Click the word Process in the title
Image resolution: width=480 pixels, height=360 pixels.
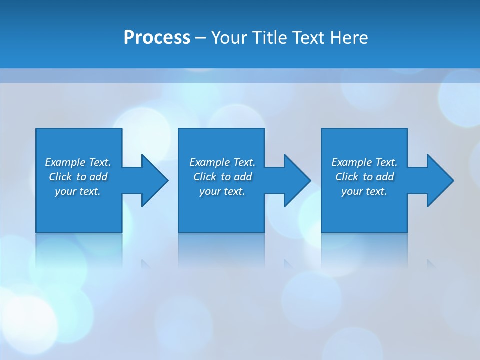click(157, 38)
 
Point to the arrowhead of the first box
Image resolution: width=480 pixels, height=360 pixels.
click(154, 180)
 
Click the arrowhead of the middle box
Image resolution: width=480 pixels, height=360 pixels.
click(297, 180)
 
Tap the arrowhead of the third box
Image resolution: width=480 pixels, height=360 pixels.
click(440, 180)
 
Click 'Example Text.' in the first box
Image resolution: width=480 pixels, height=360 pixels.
click(78, 162)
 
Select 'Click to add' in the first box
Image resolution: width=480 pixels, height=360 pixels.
click(78, 177)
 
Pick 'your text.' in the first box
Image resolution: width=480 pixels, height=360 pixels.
click(78, 191)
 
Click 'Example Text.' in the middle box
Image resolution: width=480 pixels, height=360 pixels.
click(222, 162)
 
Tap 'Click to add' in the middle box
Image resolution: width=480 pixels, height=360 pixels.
click(222, 177)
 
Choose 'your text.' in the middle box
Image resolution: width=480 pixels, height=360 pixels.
click(222, 191)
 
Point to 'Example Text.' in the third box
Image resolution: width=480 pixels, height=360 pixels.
click(364, 162)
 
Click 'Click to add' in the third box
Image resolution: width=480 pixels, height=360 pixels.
click(364, 177)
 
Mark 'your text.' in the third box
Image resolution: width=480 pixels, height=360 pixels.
click(364, 191)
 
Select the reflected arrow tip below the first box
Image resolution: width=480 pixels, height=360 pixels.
click(146, 264)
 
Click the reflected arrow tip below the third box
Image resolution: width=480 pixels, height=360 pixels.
click(431, 264)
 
